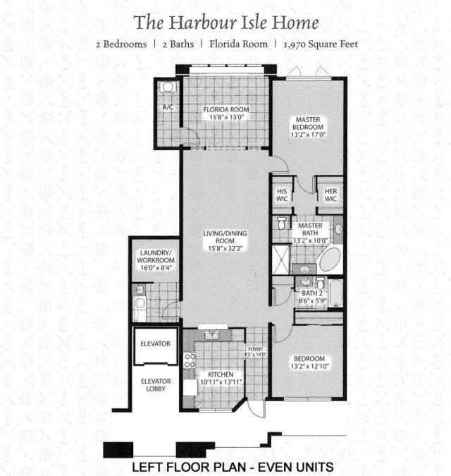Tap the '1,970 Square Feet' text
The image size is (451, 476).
pos(321,44)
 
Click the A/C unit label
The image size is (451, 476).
pos(168,107)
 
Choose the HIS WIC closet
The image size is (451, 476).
pos(282,195)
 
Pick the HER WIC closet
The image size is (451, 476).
pos(330,195)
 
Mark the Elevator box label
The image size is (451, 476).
pos(155,343)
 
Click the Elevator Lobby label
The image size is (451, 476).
pos(155,386)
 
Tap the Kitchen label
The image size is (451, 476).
pos(221,374)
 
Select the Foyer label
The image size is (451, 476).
pos(254,348)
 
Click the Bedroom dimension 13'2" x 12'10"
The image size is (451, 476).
pos(309,367)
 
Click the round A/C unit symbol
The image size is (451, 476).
pos(168,87)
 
